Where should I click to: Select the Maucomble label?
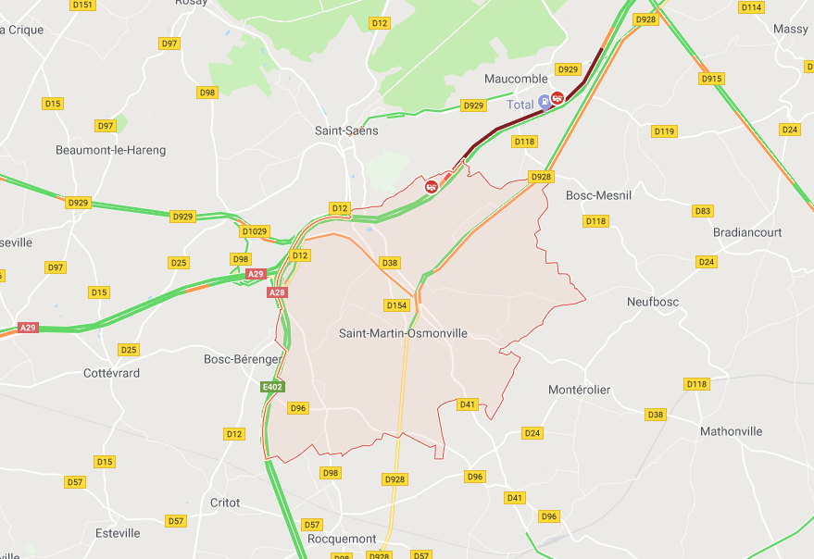click(517, 79)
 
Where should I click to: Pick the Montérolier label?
click(579, 390)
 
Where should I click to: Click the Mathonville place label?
click(731, 431)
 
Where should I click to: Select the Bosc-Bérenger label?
click(242, 358)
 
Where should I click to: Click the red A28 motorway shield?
click(277, 292)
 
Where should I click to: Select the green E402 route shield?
click(272, 387)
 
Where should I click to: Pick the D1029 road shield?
click(254, 231)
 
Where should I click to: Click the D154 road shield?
click(396, 305)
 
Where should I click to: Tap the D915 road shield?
click(711, 79)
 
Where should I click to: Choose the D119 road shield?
click(664, 131)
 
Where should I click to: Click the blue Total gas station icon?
click(545, 100)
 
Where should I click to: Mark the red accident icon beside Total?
click(557, 98)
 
